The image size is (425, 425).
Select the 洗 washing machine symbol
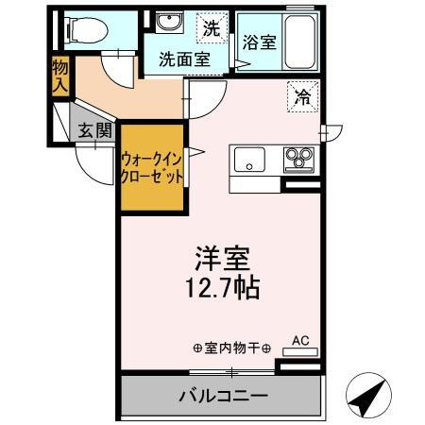click(212, 27)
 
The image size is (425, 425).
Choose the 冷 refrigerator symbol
click(304, 95)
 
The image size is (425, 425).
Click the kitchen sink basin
click(250, 160)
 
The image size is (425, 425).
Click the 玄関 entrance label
click(93, 131)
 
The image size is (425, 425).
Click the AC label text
click(301, 339)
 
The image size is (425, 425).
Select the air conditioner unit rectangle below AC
click(301, 352)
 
